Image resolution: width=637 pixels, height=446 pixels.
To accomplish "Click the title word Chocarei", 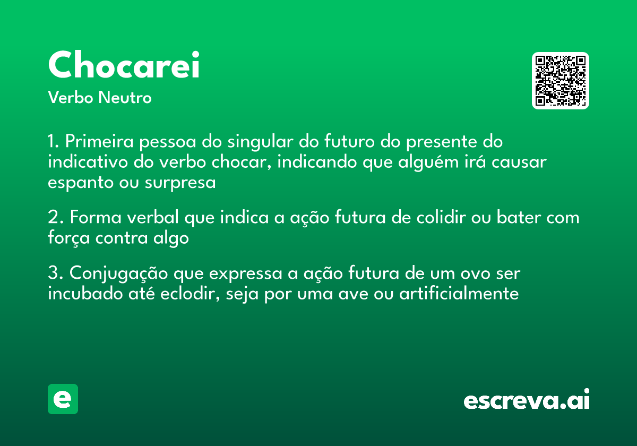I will tap(124, 65).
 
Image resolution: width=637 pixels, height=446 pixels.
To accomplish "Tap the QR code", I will tap(561, 81).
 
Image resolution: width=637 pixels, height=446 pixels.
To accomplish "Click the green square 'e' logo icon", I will tap(63, 399).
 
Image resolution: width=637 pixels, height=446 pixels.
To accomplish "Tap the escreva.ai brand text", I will tap(527, 400).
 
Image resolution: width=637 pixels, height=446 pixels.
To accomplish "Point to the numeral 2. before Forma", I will tap(56, 218).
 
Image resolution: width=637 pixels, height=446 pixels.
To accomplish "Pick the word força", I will tap(69, 238).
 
